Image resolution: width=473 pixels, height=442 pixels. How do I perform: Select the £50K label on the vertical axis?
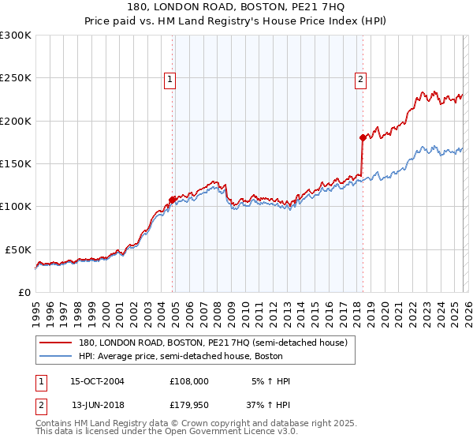coord(17,249)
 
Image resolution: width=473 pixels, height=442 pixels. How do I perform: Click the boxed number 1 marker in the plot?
coord(170,78)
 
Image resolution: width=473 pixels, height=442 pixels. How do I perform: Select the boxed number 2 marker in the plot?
coord(360,78)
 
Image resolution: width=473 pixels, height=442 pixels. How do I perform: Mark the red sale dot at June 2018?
coord(363,137)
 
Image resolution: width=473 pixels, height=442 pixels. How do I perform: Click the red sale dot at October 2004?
coord(172,199)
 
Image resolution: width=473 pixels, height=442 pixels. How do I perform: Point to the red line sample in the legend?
coord(55,343)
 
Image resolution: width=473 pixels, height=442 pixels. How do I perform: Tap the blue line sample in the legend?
coord(55,356)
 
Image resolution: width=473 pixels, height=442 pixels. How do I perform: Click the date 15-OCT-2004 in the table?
coord(97,381)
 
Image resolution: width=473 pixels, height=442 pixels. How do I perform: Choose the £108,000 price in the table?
coord(189,381)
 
